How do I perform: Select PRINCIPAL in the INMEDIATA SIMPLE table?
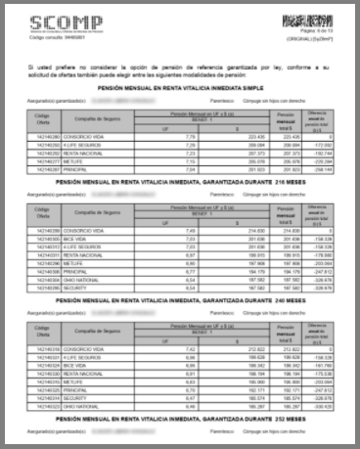77,168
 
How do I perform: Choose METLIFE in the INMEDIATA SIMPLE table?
75,160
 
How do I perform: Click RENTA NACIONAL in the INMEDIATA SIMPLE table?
84,153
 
